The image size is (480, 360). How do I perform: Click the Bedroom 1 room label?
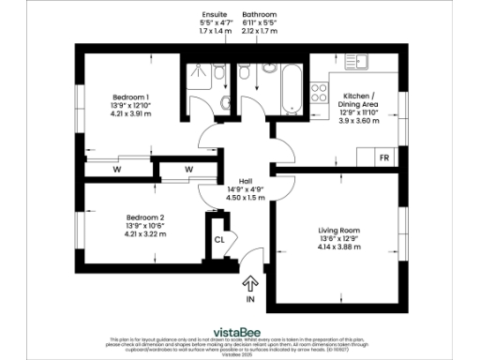(x=132, y=97)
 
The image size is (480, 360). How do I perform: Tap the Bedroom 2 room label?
(x=132, y=216)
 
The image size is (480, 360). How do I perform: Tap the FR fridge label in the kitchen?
(x=384, y=157)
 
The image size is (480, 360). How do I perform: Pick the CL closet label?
(x=218, y=239)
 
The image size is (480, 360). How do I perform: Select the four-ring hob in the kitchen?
(x=319, y=93)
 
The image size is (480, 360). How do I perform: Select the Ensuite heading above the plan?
(x=214, y=15)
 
